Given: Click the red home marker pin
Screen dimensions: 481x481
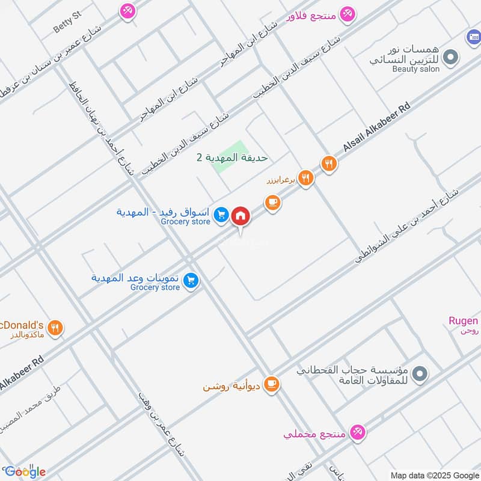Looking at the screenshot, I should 240,215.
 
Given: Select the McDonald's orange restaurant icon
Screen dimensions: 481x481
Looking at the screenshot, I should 56,328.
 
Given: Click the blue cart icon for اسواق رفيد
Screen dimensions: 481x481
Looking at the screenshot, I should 221,214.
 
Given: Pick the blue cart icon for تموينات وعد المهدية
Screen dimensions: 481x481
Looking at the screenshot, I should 191,280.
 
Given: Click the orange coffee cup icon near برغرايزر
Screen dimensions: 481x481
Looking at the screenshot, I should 273,203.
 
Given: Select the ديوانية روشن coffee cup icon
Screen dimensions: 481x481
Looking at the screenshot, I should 272,383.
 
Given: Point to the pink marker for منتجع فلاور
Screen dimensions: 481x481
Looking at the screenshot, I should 347,13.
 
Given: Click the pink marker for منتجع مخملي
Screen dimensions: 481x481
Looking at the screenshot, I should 358,431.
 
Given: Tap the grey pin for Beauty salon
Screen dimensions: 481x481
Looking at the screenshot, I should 449,58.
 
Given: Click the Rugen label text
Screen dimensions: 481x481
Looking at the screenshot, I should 463,320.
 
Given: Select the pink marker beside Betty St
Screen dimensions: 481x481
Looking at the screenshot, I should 127,10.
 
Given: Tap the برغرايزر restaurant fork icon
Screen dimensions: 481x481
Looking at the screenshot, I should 306,177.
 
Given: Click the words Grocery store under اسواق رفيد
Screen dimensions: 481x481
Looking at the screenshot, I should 186,222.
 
